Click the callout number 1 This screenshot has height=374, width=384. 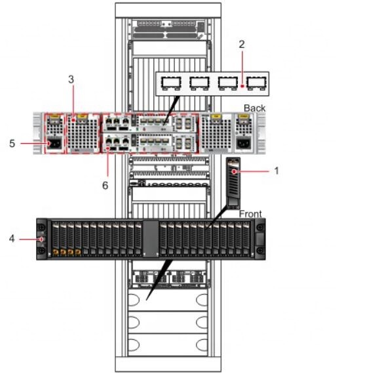[x=277, y=170]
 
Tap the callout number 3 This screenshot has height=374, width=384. [x=71, y=79]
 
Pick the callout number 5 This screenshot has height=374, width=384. [x=12, y=142]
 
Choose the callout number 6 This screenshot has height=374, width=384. [x=104, y=186]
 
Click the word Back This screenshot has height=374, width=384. [x=256, y=107]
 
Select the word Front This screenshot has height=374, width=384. [x=250, y=214]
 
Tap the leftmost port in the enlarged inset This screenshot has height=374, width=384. [x=170, y=83]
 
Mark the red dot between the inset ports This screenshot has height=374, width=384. [x=242, y=83]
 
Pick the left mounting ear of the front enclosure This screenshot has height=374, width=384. [x=43, y=239]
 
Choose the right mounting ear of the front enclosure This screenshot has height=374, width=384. [x=259, y=239]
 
